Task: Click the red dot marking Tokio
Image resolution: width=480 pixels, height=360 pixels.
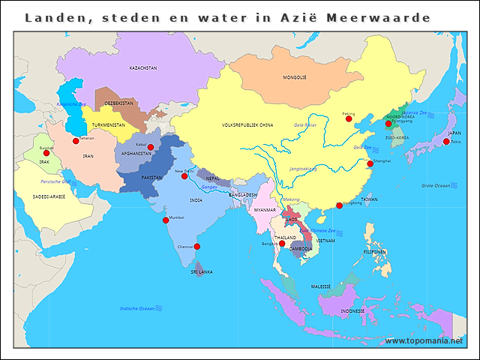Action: [x=445, y=142]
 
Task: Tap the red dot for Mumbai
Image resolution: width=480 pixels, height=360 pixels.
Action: [x=166, y=220]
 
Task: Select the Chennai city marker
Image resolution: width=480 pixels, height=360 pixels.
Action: [x=197, y=246]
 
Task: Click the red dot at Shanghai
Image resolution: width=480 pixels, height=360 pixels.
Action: [x=370, y=163]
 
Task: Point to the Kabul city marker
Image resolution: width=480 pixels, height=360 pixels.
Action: [x=151, y=147]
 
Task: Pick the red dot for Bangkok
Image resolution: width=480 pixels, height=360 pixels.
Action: [x=282, y=243]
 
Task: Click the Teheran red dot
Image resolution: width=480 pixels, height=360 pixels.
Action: [x=76, y=141]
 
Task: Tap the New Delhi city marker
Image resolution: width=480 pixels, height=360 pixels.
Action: [x=184, y=176]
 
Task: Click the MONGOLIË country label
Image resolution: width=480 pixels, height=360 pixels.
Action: [x=295, y=77]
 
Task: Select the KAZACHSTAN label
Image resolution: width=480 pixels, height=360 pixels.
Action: [x=143, y=67]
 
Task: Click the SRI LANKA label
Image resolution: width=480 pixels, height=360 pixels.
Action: [x=201, y=271]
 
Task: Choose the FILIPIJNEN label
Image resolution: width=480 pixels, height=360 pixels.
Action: [x=374, y=252]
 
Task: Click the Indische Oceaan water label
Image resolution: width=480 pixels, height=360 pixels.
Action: [x=137, y=308]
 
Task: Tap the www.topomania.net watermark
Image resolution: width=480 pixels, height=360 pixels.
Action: [x=424, y=341]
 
